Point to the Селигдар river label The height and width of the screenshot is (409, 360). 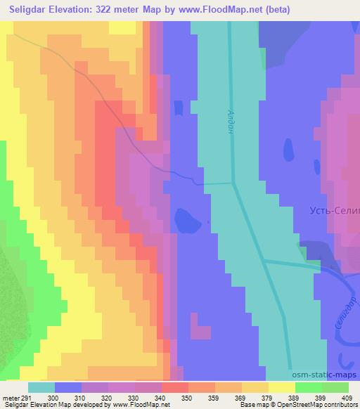[348, 310]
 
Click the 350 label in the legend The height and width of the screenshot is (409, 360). [188, 397]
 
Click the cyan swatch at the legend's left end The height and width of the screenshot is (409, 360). [41, 387]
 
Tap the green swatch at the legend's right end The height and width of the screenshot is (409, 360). [335, 387]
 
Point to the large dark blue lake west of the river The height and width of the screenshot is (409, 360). [186, 221]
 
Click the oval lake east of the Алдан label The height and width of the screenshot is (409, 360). [288, 150]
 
